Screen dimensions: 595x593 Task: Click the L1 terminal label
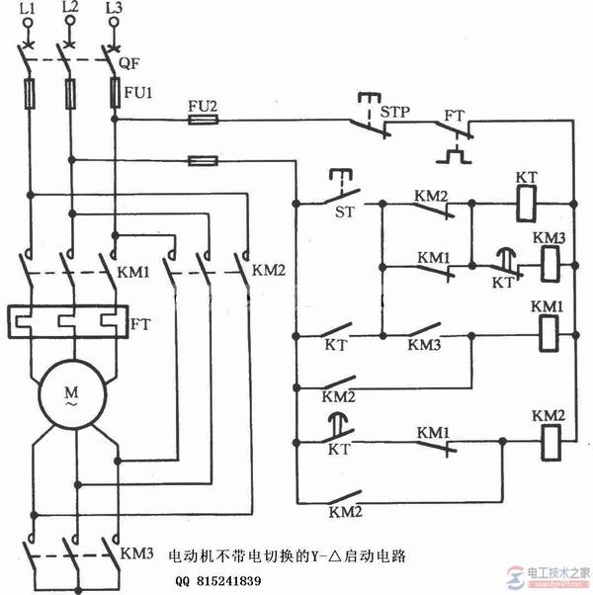tap(28, 8)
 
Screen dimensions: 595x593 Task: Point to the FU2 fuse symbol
tap(204, 122)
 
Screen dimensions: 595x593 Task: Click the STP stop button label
tap(395, 111)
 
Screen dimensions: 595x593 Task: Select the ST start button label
tap(346, 212)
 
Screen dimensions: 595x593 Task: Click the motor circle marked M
tap(71, 396)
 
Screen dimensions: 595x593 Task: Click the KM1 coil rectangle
tap(548, 334)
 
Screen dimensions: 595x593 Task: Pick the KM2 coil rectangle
tap(548, 439)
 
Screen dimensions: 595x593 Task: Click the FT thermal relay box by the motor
tap(69, 321)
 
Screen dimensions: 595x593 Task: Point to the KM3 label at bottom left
tap(136, 554)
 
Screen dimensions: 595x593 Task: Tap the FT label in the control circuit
tap(454, 115)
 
